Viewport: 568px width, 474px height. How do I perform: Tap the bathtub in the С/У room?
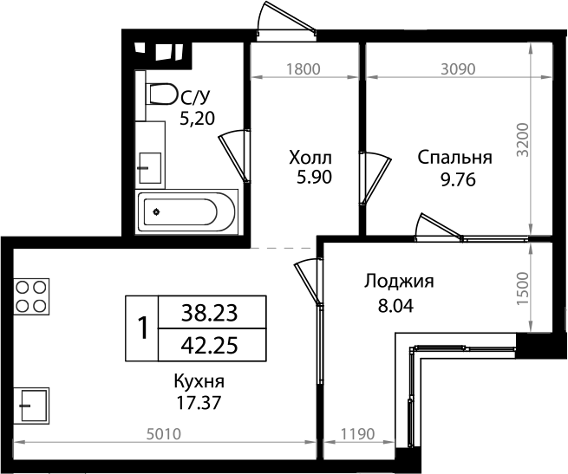point(186,211)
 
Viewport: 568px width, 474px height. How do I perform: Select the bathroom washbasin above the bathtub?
point(150,163)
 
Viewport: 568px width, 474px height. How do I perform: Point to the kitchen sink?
point(32,403)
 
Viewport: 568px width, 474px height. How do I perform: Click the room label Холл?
point(310,158)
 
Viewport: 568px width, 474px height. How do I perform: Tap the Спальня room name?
point(454,158)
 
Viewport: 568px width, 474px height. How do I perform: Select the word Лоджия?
point(398,282)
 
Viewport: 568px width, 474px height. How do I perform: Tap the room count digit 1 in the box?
point(141,328)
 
